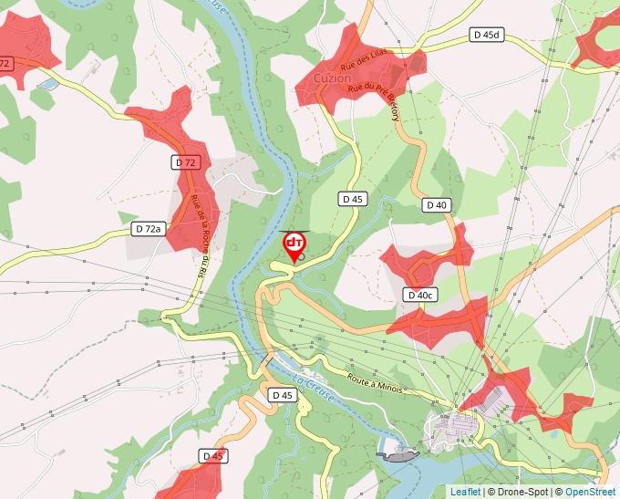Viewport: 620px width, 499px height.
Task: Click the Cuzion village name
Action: coord(333,79)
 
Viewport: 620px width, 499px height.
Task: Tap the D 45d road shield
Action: coord(487,35)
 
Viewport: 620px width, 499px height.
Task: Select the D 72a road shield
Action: coord(147,229)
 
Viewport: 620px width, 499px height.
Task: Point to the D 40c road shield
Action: coord(420,295)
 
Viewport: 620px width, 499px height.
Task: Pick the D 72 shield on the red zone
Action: coord(185,162)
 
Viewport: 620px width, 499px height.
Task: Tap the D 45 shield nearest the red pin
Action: coord(353,198)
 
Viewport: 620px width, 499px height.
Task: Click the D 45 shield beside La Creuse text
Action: coord(282,395)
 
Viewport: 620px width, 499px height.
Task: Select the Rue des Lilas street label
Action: coord(365,60)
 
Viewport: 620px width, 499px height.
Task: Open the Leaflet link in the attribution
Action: coord(465,492)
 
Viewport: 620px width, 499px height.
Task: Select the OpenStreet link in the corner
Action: coord(590,492)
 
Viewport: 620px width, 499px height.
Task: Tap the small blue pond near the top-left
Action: coord(46,84)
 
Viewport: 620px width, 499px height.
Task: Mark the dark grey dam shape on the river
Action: coord(398,454)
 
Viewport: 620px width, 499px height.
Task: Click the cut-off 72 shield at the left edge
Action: coord(5,64)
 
